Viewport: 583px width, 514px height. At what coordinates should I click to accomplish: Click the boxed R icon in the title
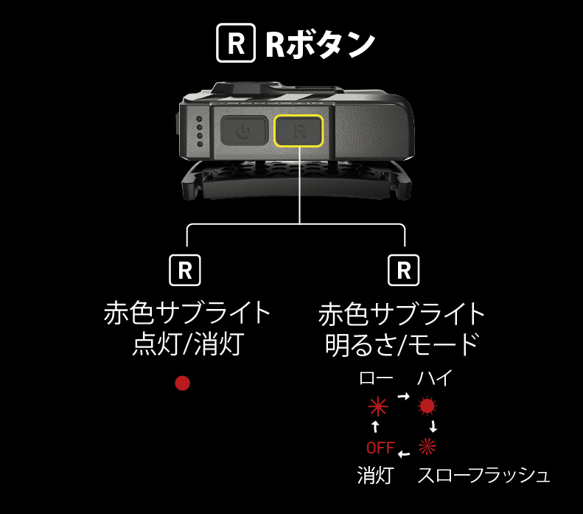click(236, 43)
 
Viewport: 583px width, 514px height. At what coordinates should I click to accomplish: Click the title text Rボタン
click(321, 44)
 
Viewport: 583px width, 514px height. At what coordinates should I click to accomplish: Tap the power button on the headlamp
click(244, 131)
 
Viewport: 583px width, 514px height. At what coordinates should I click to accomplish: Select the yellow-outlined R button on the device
click(299, 131)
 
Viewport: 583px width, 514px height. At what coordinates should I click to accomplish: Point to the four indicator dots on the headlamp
click(200, 131)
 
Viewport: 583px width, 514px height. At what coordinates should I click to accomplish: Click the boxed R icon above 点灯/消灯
click(185, 271)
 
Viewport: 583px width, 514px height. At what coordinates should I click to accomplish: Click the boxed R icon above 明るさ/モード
click(403, 271)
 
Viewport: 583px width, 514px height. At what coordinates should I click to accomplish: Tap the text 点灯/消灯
click(189, 344)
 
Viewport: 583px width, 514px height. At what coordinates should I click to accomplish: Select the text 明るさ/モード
click(402, 344)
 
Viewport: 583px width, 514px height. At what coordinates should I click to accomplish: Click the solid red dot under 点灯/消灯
click(183, 383)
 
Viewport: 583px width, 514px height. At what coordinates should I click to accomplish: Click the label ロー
click(376, 378)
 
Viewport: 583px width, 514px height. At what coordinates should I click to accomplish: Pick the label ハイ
click(435, 378)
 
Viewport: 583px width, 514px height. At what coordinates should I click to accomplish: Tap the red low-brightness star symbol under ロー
click(378, 406)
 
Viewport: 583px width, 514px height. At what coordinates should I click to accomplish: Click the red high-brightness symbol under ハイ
click(427, 406)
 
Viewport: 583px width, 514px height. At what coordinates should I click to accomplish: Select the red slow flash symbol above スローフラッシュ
click(427, 446)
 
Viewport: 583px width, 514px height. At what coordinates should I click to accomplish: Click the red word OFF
click(380, 448)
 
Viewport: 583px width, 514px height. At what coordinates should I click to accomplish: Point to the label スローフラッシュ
click(483, 476)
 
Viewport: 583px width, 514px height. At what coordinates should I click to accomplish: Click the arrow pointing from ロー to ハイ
click(403, 396)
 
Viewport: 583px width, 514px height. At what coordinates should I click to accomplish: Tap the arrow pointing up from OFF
click(376, 426)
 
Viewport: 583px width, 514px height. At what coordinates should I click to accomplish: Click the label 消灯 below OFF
click(375, 476)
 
